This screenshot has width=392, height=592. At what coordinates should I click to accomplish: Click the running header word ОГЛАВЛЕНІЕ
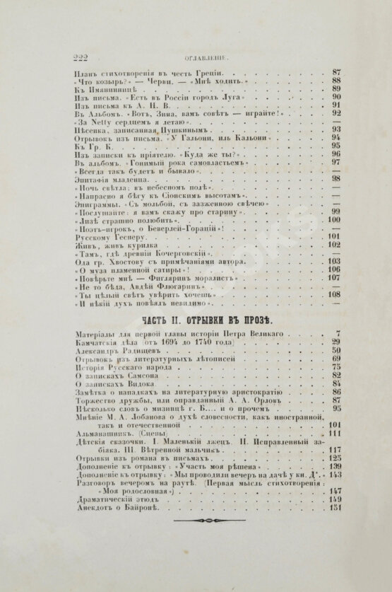pyautogui.click(x=206, y=59)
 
